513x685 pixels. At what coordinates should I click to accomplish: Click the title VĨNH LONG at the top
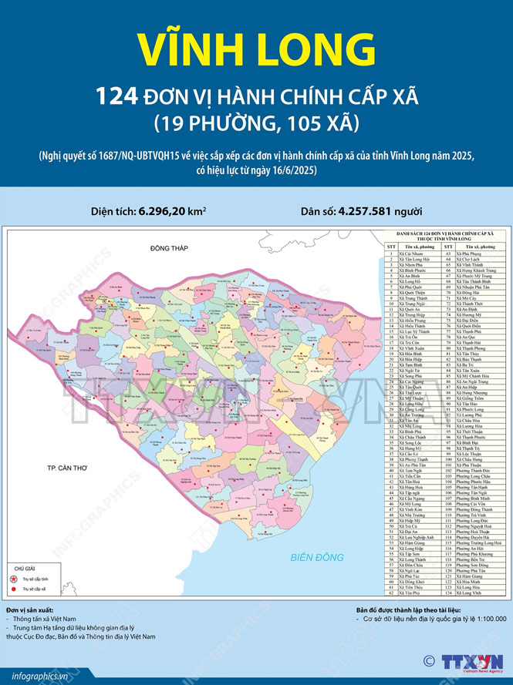[256, 48]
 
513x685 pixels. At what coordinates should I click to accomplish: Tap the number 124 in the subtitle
[117, 96]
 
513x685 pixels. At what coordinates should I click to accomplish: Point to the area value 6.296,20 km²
[171, 210]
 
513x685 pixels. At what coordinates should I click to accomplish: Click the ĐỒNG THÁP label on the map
[170, 248]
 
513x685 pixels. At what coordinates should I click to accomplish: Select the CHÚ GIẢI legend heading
[24, 566]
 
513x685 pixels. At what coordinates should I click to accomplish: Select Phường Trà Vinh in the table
[471, 515]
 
